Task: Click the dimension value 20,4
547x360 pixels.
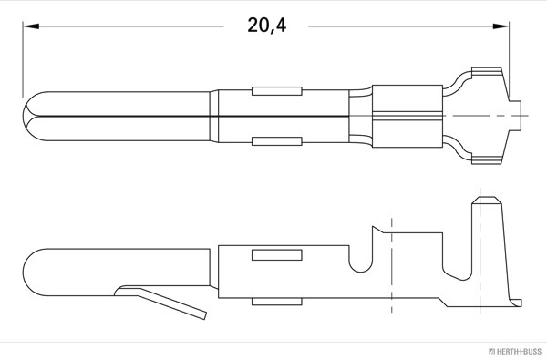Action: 266,26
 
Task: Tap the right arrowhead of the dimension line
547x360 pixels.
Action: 502,26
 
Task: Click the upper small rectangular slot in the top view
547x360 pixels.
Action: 276,91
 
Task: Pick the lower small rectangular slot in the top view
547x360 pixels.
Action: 276,142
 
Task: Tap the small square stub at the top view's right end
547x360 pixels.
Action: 521,116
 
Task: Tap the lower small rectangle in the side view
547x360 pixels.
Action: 276,300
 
